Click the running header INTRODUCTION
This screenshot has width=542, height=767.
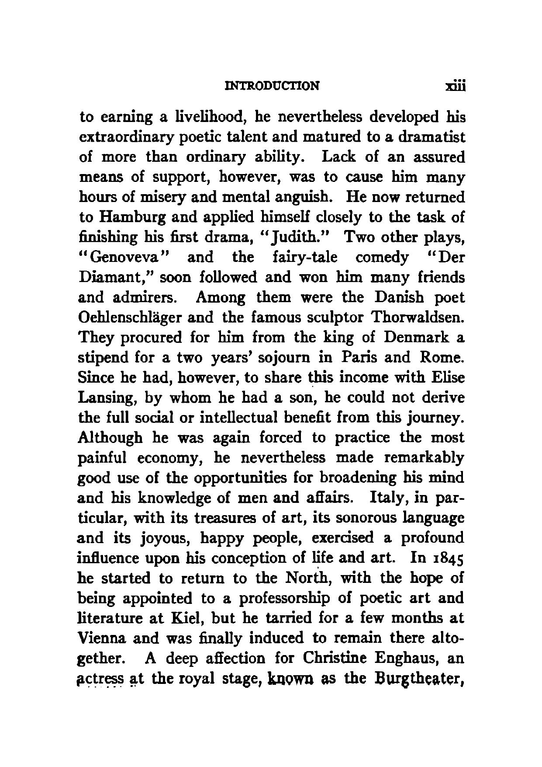click(271, 85)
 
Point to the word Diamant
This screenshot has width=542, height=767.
click(117, 277)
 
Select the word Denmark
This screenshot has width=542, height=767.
click(416, 338)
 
